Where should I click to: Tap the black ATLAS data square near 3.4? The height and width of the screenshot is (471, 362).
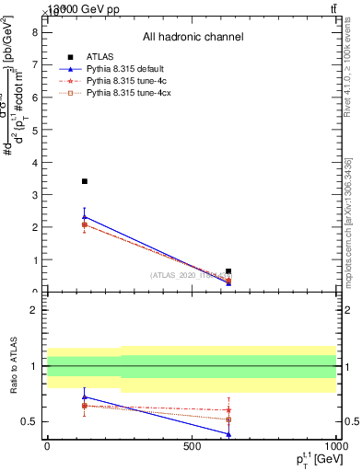pyautogui.click(x=85, y=181)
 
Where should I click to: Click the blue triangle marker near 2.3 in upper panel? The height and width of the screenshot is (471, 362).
pyautogui.click(x=85, y=217)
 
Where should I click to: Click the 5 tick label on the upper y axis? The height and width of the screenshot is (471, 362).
pyautogui.click(x=34, y=129)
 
